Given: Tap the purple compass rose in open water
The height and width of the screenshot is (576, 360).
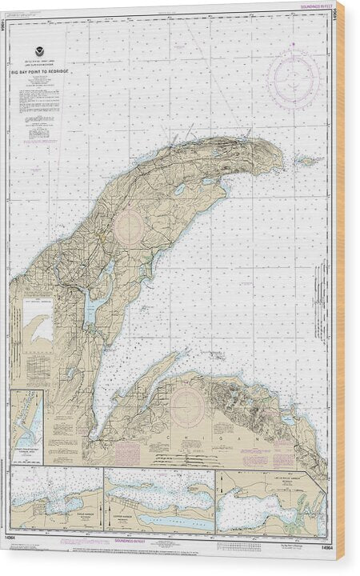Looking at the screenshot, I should tap(294, 79).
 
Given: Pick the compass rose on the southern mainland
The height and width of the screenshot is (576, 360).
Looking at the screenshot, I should tap(187, 406).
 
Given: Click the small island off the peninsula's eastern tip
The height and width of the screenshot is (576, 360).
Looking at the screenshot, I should tap(307, 160).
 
